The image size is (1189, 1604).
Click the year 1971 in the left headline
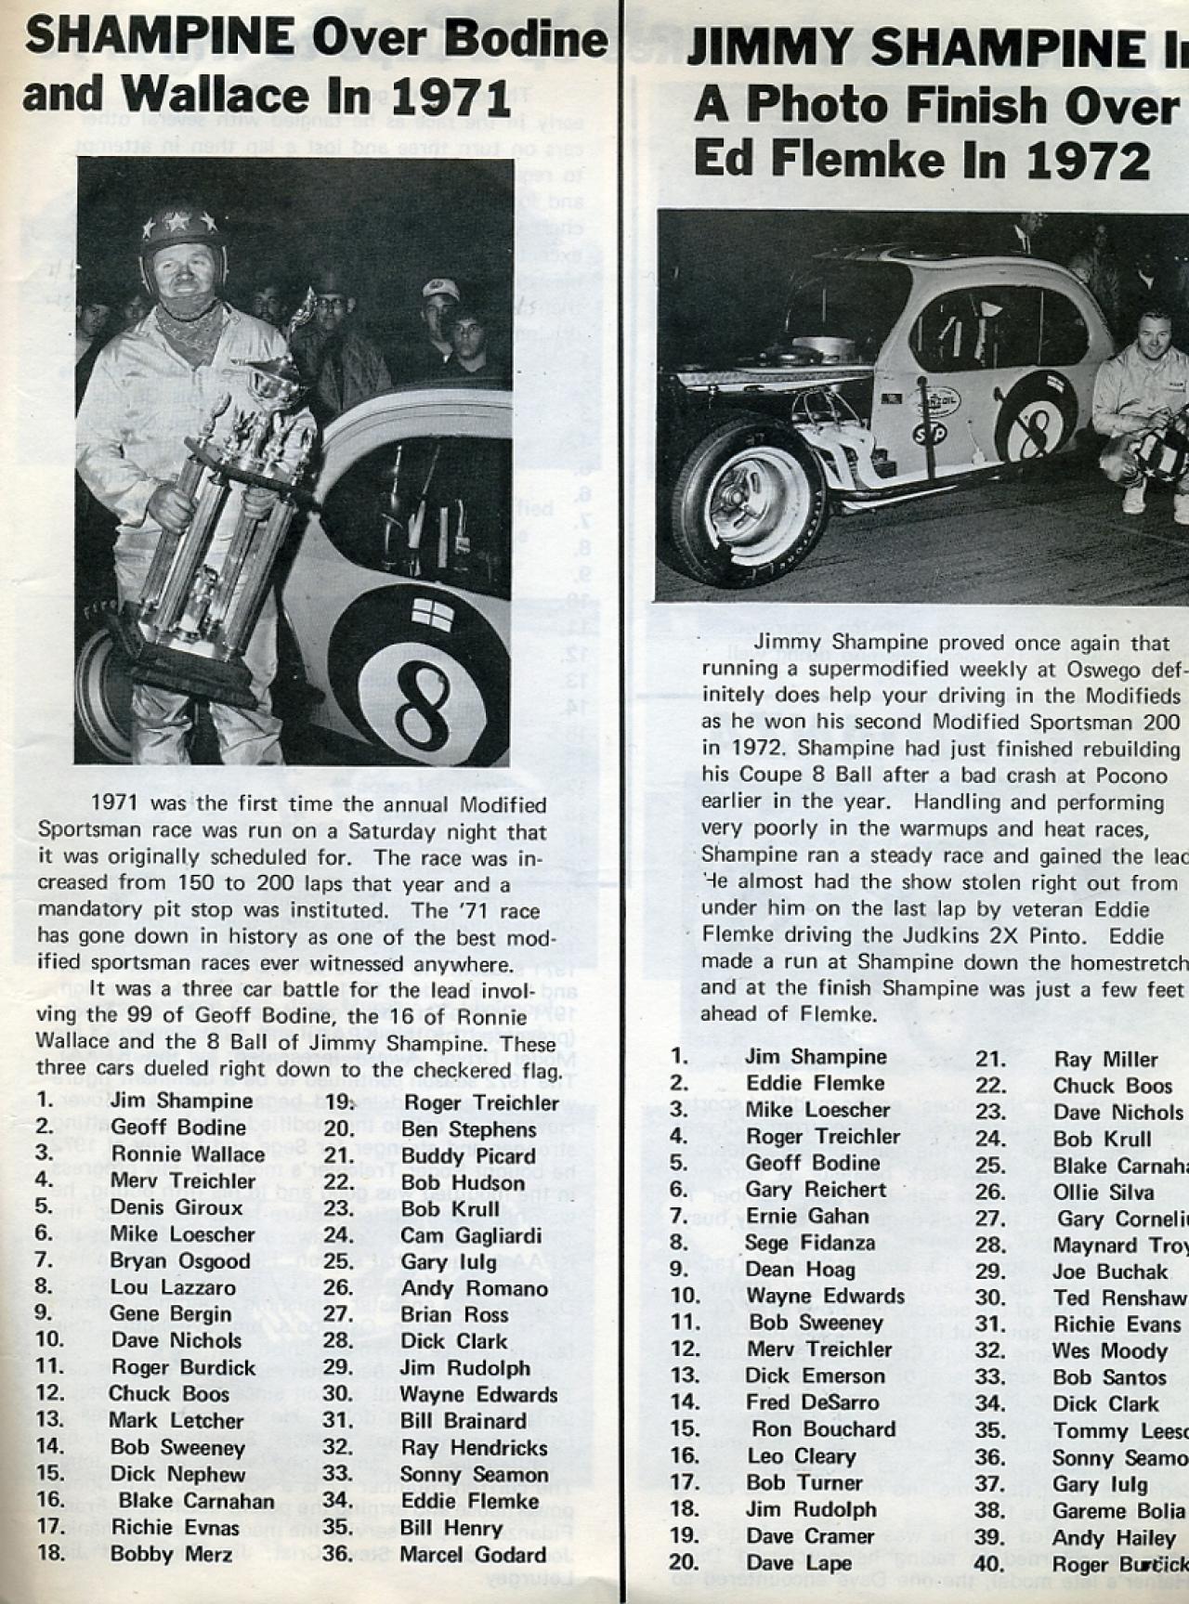448,97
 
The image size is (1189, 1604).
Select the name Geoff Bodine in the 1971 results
177,1128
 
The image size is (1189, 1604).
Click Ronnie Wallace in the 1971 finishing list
188,1154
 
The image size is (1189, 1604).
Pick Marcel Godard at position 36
473,1555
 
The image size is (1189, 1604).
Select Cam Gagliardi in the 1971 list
472,1235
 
